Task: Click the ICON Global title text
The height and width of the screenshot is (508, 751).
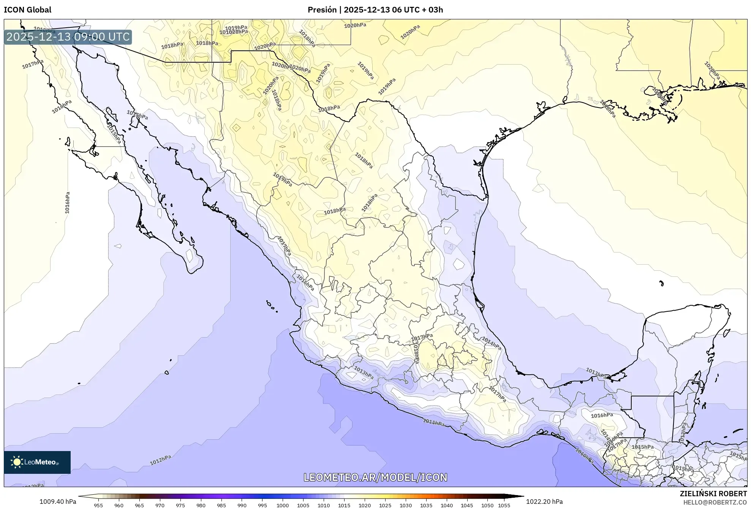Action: (x=27, y=10)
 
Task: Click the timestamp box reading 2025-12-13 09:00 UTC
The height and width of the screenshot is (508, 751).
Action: (x=68, y=37)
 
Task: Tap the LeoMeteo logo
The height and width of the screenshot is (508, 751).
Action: (x=37, y=462)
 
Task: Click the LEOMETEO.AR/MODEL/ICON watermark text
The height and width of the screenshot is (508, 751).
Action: (x=375, y=477)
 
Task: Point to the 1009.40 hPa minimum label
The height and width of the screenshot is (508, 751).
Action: (x=58, y=502)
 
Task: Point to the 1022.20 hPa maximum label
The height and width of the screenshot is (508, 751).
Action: (x=544, y=502)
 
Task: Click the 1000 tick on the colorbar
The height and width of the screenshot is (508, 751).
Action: (x=282, y=505)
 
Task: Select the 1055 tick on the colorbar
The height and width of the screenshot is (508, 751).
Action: (x=504, y=505)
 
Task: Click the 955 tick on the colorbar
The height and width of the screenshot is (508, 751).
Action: (x=98, y=505)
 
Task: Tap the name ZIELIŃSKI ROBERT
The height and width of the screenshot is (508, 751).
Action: (x=713, y=494)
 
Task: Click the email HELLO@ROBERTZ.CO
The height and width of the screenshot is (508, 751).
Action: (x=715, y=502)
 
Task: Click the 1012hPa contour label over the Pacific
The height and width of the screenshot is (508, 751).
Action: (x=160, y=460)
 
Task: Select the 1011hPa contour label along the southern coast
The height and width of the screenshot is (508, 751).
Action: (x=433, y=422)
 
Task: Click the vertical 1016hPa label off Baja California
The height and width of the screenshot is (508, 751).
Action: (x=67, y=202)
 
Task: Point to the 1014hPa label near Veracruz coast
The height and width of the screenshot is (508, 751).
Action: (x=491, y=344)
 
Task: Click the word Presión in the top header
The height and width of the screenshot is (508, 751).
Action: (x=322, y=10)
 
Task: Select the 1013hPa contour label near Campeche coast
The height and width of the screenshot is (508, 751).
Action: (x=596, y=373)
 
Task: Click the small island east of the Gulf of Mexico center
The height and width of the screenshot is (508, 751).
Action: (x=661, y=283)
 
